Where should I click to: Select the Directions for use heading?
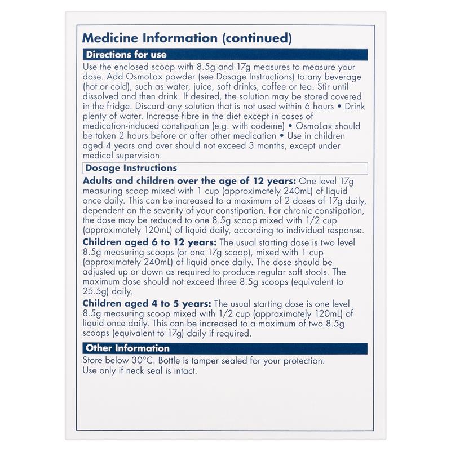pyautogui.click(x=125, y=55)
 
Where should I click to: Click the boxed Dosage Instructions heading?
pyautogui.click(x=131, y=168)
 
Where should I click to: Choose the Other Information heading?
pyautogui.click(x=126, y=348)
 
